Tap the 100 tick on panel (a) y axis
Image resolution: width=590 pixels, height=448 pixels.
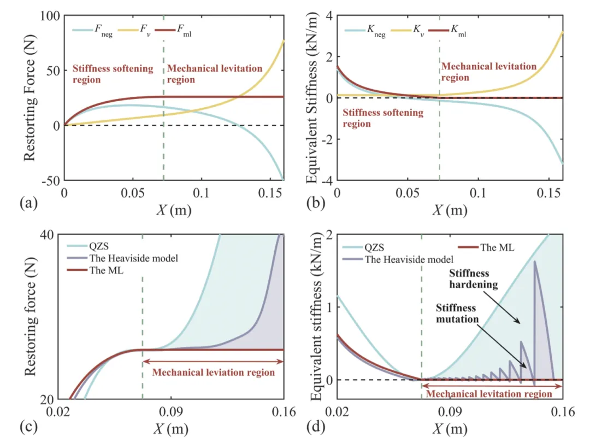click(x=50, y=16)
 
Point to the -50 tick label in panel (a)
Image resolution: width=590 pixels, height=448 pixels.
click(x=49, y=181)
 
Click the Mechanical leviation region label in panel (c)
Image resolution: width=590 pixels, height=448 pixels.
click(x=213, y=373)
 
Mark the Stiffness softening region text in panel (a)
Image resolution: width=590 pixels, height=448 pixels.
click(x=112, y=74)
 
